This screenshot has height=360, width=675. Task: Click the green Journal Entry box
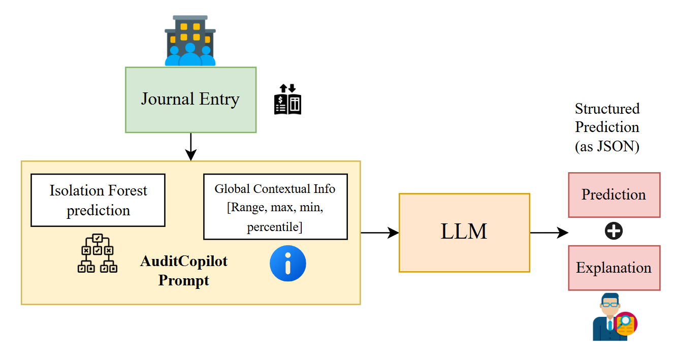tap(190, 100)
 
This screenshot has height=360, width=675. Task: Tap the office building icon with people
tap(190, 41)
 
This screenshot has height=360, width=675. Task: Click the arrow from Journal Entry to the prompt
tap(190, 147)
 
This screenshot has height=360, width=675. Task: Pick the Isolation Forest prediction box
tap(98, 200)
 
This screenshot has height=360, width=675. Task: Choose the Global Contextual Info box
tap(275, 207)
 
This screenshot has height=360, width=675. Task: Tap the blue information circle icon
tap(288, 263)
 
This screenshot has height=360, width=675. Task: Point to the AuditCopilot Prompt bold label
tap(184, 271)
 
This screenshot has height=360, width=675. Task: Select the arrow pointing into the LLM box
tap(379, 233)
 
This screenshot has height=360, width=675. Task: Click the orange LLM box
tap(464, 233)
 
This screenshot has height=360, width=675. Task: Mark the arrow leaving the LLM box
tap(549, 233)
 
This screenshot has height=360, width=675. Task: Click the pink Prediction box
tap(614, 195)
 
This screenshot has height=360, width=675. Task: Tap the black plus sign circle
tap(614, 232)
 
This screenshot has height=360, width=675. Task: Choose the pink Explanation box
tap(614, 268)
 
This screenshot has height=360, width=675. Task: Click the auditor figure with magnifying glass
tap(614, 317)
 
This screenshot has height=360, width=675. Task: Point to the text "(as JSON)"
tap(607, 146)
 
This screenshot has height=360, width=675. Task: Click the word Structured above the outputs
tap(607, 109)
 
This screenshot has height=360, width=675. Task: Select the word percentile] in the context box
tap(275, 227)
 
